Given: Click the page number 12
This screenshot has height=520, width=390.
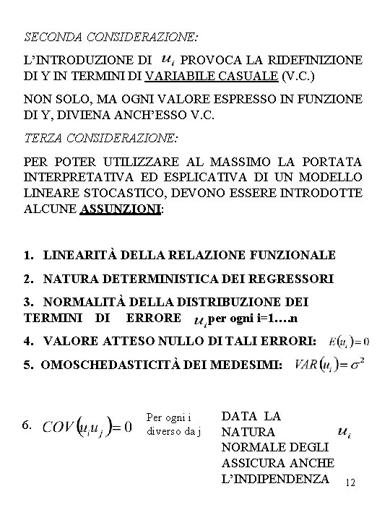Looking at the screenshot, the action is (x=352, y=482).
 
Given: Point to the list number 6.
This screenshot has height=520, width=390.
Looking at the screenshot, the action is (x=28, y=425).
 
